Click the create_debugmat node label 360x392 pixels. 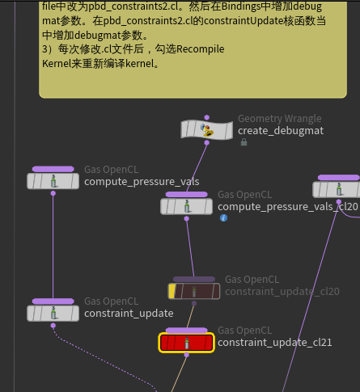(281, 131)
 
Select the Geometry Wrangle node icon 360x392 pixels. (207, 130)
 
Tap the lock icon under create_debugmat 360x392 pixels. (244, 142)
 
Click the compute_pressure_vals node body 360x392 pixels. (53, 181)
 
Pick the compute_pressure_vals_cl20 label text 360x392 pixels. (288, 207)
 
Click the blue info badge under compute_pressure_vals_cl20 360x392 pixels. (223, 217)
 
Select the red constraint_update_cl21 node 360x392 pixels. (186, 343)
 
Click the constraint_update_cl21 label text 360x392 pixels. (275, 343)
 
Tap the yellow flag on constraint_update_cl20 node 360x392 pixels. (172, 292)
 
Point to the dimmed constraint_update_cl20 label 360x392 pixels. (282, 291)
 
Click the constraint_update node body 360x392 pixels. (53, 314)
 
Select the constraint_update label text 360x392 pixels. (129, 314)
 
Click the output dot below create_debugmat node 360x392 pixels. (207, 143)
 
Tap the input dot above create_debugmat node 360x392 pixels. (207, 117)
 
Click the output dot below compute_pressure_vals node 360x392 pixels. (53, 193)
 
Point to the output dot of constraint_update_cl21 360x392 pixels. (186, 355)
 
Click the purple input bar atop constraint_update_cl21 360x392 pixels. (186, 331)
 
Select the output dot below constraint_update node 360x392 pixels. (53, 326)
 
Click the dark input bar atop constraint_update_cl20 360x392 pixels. (194, 279)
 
